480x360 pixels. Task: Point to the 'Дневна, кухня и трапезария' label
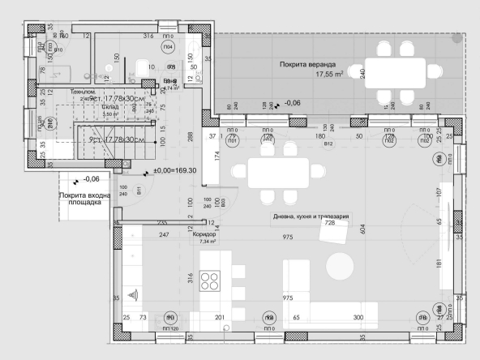coord(311,216)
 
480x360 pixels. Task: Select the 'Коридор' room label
coord(205,234)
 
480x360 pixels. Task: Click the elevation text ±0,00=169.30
coord(180,171)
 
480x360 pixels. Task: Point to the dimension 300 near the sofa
coord(358,318)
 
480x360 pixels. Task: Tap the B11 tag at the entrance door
coord(139,191)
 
